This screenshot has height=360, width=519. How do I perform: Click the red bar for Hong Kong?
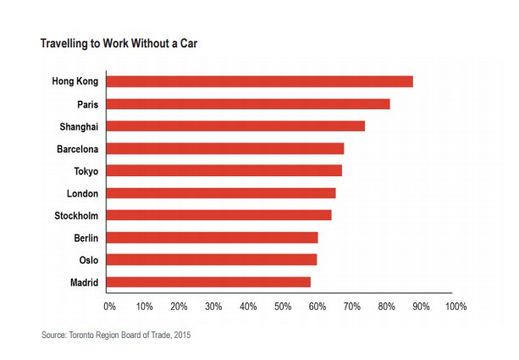(261, 81)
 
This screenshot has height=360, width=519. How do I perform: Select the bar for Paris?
(249, 104)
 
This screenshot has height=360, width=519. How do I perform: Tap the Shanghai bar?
(236, 126)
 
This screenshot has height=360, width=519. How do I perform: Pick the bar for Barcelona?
(226, 148)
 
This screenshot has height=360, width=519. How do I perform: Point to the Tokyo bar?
(225, 170)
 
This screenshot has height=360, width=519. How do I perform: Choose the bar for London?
(222, 193)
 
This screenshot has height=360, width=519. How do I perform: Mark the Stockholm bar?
(220, 215)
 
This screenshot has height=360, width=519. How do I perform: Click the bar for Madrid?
(209, 282)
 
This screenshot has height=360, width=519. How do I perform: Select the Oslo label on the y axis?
(88, 260)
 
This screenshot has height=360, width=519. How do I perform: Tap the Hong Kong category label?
(75, 81)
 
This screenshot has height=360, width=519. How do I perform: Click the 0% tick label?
(109, 305)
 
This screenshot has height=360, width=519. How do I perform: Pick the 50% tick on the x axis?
(282, 305)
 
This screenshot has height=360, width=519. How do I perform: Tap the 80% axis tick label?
(386, 305)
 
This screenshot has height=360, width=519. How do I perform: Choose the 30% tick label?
(213, 305)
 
